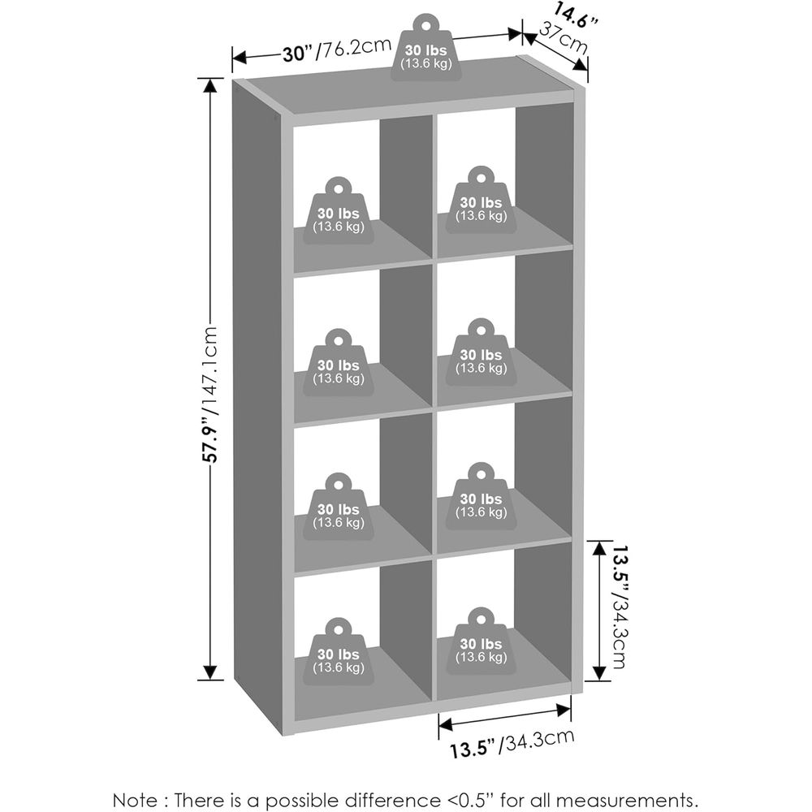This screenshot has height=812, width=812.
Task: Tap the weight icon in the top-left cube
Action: pos(338,211)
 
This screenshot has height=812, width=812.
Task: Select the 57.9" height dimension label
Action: pos(210,439)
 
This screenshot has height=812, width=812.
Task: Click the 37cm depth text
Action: pos(563,38)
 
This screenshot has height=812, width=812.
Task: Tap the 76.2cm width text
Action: pos(354,48)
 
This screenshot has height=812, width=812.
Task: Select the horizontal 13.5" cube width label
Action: pos(473,749)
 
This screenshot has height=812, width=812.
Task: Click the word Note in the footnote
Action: pos(135,800)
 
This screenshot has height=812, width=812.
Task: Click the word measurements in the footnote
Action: pos(616,800)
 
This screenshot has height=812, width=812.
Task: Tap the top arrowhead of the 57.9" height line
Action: pos(210,85)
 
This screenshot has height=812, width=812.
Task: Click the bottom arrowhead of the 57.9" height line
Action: pos(210,672)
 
